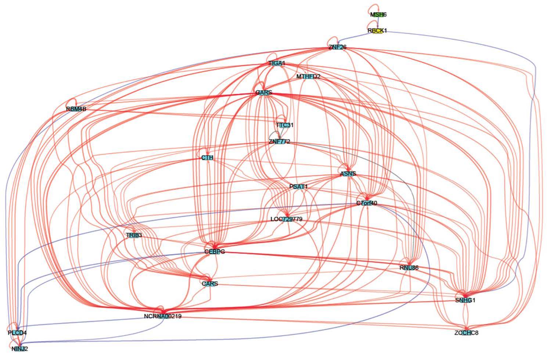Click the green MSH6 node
(x=378, y=15)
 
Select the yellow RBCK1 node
(x=377, y=31)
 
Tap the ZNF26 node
(x=337, y=47)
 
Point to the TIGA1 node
(x=277, y=64)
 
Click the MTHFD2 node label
(x=308, y=77)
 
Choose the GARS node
(x=263, y=93)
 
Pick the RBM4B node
(x=76, y=109)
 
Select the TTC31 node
(x=285, y=125)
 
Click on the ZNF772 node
(x=279, y=142)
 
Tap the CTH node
(x=207, y=158)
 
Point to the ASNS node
(x=348, y=174)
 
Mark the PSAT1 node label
(x=298, y=187)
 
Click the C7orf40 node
(x=366, y=203)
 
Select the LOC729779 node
(x=286, y=219)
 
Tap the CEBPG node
(x=214, y=252)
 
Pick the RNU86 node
(x=409, y=268)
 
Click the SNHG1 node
(x=465, y=300)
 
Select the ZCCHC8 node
(x=466, y=333)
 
